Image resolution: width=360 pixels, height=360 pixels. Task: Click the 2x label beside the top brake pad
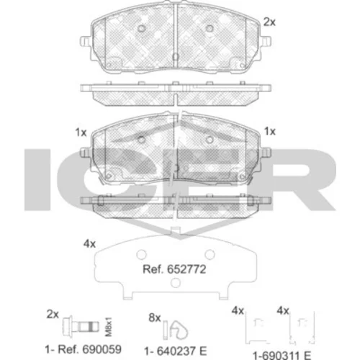pyautogui.click(x=269, y=22)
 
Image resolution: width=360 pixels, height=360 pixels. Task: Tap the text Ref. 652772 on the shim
pyautogui.click(x=174, y=269)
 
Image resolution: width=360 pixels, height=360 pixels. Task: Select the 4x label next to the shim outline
pyautogui.click(x=89, y=244)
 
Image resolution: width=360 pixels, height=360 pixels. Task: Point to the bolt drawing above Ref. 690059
pyautogui.click(x=81, y=326)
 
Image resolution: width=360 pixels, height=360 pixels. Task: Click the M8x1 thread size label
pyautogui.click(x=109, y=327)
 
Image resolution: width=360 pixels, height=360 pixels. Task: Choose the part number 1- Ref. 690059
pyautogui.click(x=83, y=349)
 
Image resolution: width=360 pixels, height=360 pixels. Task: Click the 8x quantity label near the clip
pyautogui.click(x=155, y=318)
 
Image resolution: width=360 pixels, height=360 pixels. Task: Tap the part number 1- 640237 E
pyautogui.click(x=176, y=351)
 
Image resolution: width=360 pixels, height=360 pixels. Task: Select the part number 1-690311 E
pyautogui.click(x=282, y=356)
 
